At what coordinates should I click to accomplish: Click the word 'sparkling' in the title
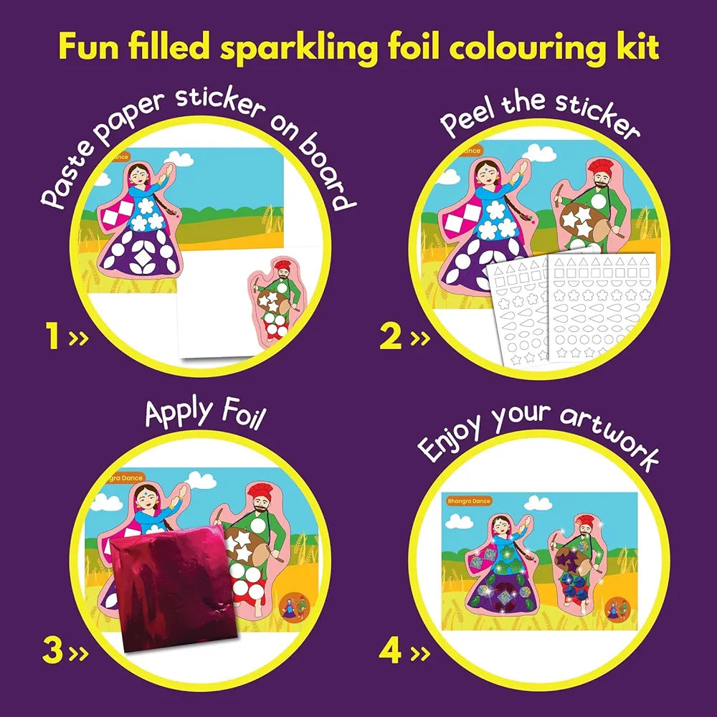coord(298,49)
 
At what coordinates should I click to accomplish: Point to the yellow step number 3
coord(52,651)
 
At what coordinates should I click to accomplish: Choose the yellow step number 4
coord(390,651)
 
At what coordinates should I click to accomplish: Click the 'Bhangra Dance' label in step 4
coord(469,501)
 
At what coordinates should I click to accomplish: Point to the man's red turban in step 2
coord(599,168)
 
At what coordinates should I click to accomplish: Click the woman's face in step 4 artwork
coord(502,531)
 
